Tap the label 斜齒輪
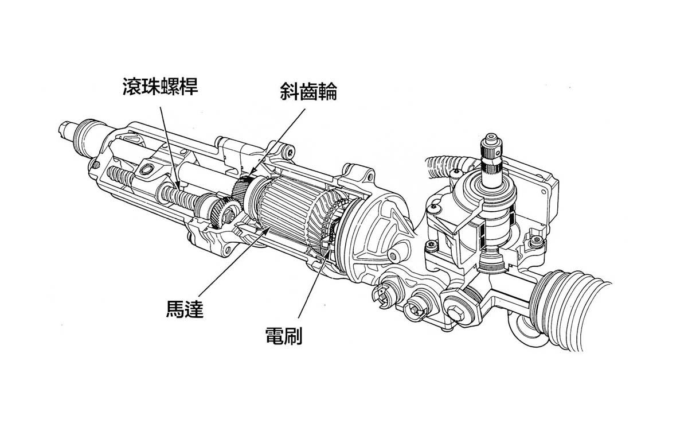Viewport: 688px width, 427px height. click(308, 92)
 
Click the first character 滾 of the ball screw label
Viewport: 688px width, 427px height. click(131, 86)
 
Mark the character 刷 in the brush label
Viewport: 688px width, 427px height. click(293, 335)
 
